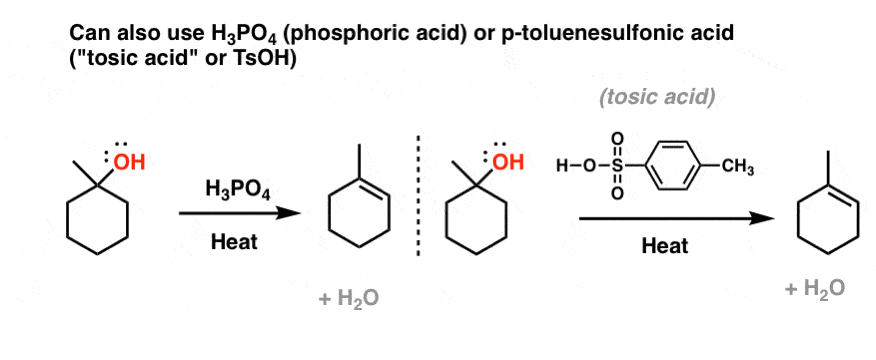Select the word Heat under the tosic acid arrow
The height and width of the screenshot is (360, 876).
[x=664, y=246]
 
